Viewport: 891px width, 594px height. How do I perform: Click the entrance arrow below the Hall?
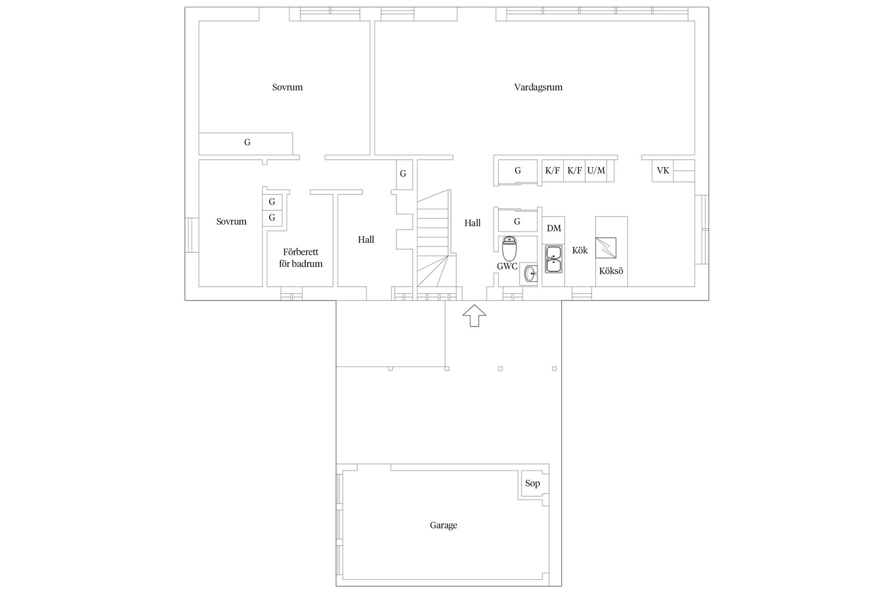click(474, 316)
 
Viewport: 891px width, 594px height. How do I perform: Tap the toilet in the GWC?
click(509, 249)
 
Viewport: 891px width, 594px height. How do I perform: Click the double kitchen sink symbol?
click(553, 259)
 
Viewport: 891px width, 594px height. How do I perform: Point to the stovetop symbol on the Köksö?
click(606, 248)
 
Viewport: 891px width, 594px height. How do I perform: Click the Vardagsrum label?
click(538, 87)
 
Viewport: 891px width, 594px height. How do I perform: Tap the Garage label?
click(443, 525)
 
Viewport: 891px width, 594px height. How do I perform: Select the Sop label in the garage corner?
click(532, 483)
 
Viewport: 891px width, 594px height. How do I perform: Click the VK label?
click(663, 170)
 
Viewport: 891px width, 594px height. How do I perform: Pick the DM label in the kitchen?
click(554, 228)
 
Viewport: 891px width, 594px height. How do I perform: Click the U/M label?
click(596, 170)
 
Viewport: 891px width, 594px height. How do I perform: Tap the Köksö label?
click(611, 271)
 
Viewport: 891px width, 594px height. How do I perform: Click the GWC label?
click(507, 266)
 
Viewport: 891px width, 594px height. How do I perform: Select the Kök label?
click(580, 250)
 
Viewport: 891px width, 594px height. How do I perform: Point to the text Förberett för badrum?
click(301, 258)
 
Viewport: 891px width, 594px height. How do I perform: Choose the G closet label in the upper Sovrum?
click(247, 142)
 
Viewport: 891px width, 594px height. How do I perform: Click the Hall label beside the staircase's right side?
click(472, 223)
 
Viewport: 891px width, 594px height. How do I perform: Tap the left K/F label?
click(552, 170)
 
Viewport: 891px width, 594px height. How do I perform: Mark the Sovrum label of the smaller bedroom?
click(231, 221)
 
